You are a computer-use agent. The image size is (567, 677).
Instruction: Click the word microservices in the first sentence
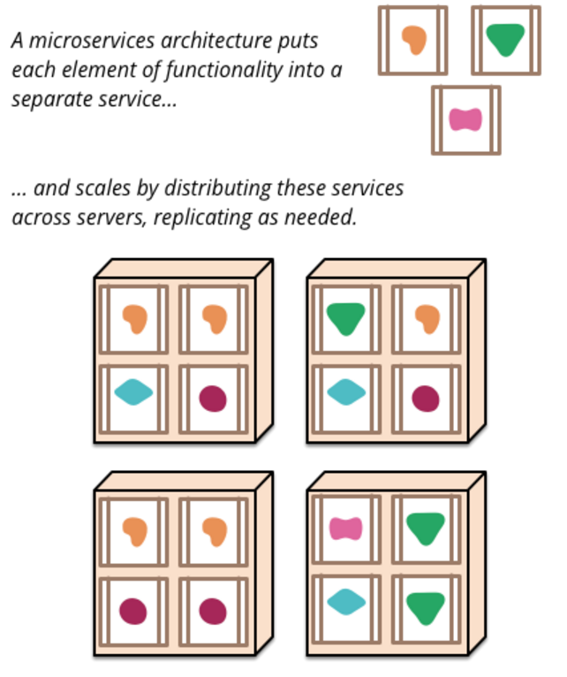click(x=76, y=42)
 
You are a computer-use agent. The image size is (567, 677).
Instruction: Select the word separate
click(x=49, y=99)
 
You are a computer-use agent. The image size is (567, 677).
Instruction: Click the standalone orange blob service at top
click(x=413, y=40)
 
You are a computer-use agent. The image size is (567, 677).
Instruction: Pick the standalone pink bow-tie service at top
click(x=465, y=119)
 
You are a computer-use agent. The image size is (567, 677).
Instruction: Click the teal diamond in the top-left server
click(x=133, y=392)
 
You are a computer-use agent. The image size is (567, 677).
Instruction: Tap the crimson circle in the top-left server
click(x=213, y=399)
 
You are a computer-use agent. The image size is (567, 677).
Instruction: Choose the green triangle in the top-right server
click(x=345, y=318)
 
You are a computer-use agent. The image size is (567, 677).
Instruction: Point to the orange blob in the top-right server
click(x=427, y=318)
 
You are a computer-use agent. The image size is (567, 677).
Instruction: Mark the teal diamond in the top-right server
click(x=345, y=392)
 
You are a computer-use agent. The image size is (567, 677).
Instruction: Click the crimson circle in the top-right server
click(x=426, y=399)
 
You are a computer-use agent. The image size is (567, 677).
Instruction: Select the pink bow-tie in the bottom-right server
click(x=345, y=529)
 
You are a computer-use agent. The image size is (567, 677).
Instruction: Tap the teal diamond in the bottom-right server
click(x=345, y=603)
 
